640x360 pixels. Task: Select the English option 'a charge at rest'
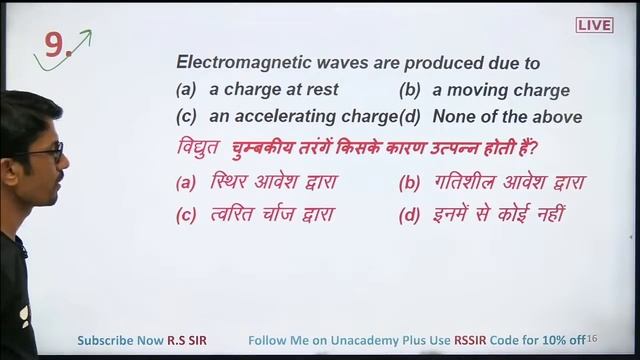point(273,90)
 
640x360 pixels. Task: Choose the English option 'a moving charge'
point(500,90)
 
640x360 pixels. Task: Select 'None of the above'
point(507,116)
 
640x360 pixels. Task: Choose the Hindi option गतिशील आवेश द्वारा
point(509,182)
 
